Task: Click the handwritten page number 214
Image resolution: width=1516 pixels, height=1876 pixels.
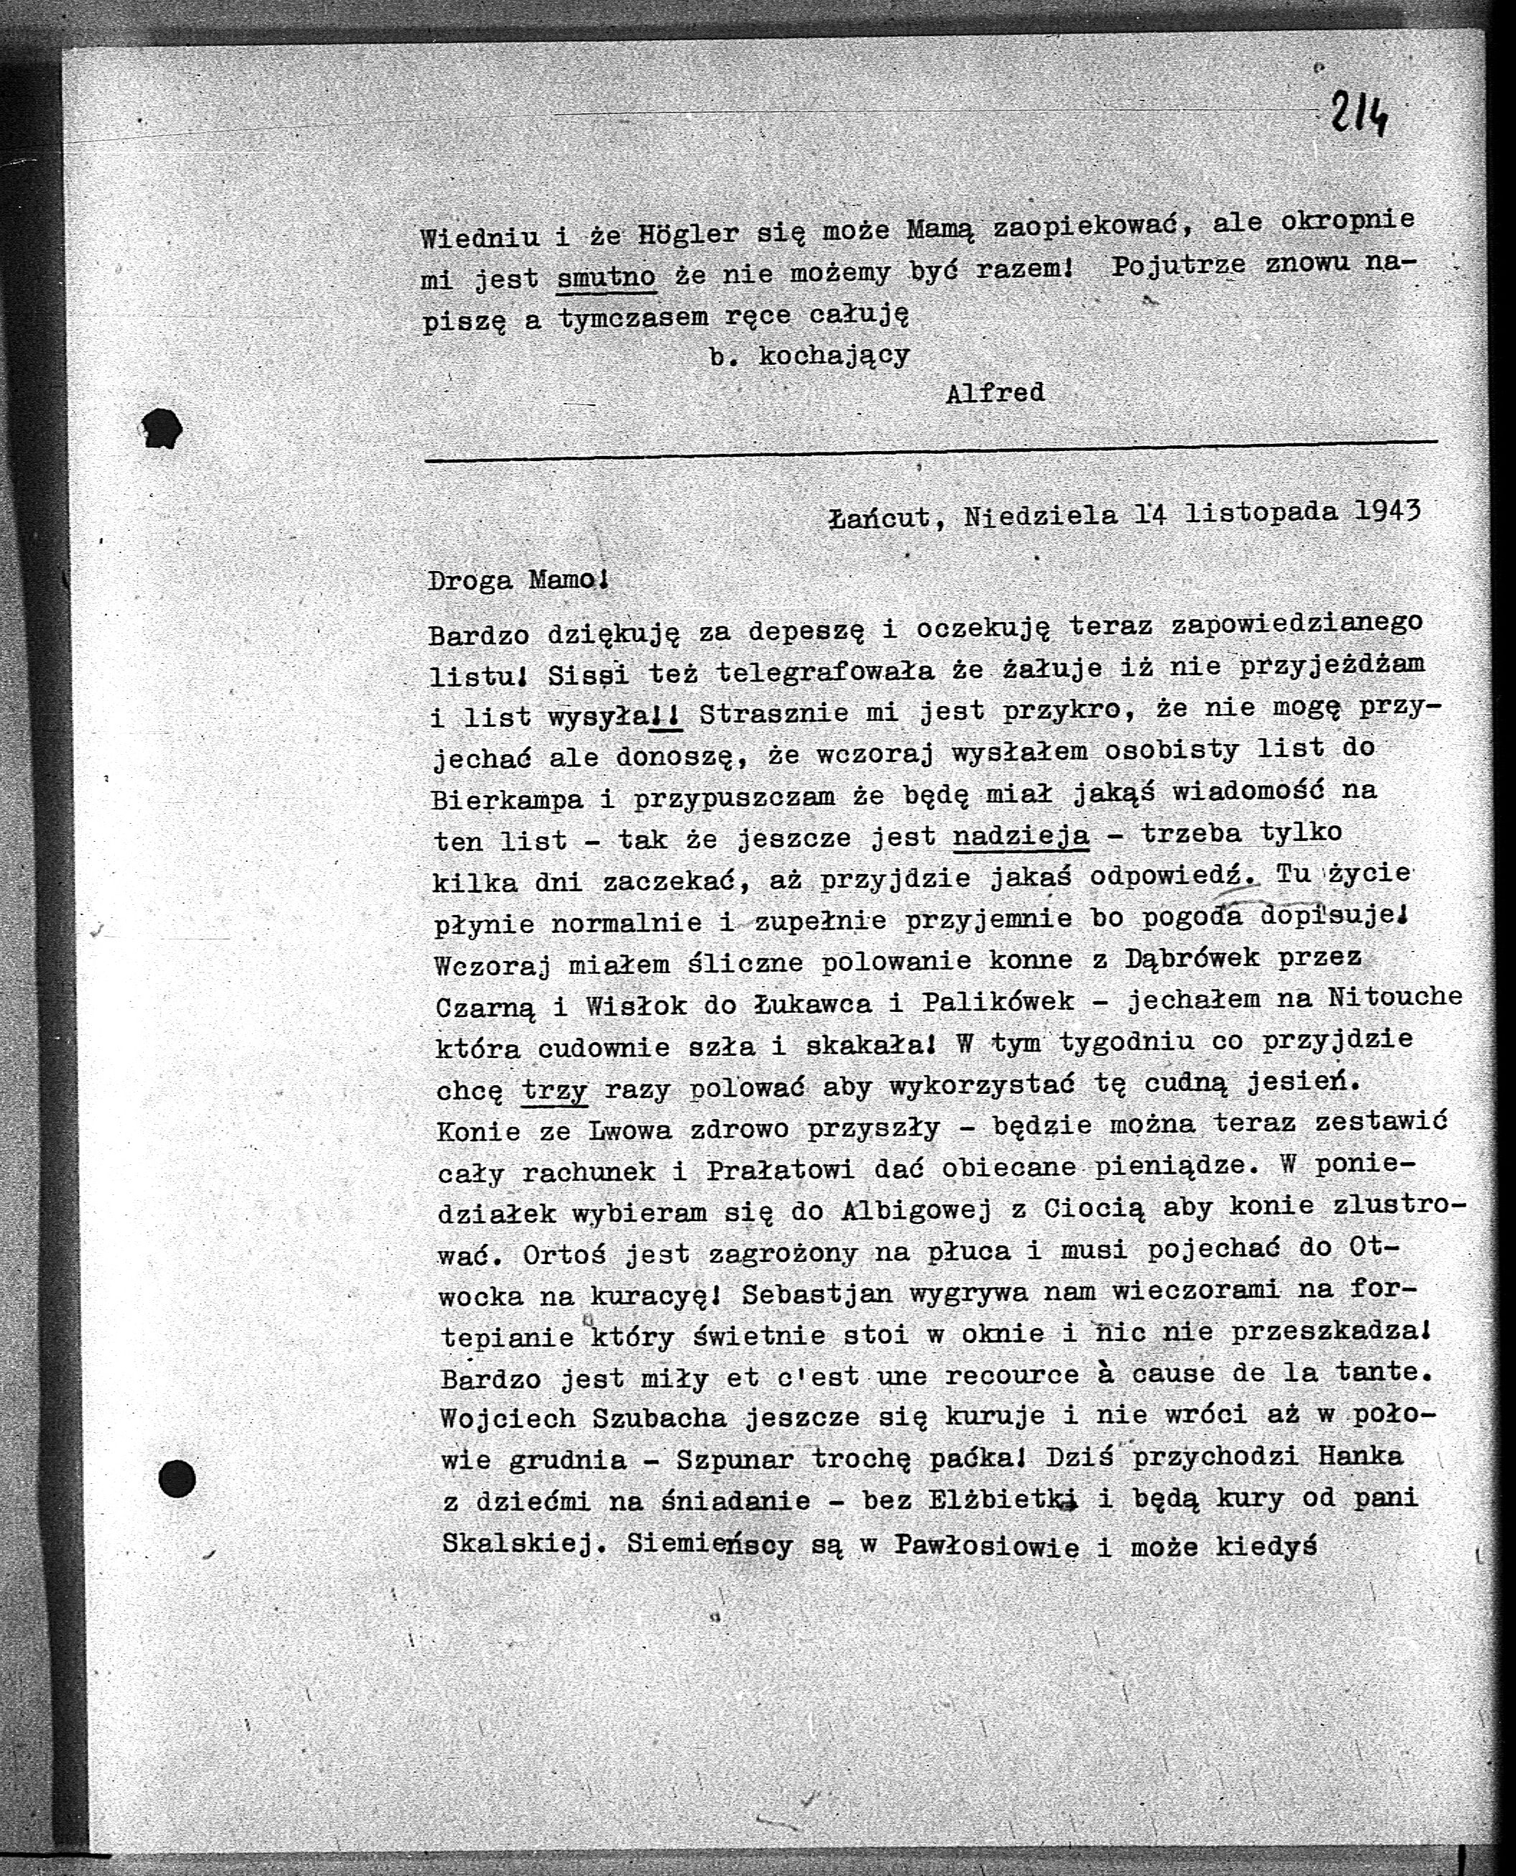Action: [x=1359, y=114]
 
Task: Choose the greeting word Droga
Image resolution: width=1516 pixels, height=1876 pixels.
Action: [x=470, y=580]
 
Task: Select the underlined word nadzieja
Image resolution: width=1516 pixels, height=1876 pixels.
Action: [x=1020, y=836]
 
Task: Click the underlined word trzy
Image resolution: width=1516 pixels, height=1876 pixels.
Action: [x=555, y=1090]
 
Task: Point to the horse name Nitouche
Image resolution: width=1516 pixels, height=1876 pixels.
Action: [x=1394, y=996]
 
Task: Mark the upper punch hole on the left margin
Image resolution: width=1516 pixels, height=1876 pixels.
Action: [x=162, y=428]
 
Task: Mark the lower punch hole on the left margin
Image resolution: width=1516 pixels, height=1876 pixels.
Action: [x=177, y=1479]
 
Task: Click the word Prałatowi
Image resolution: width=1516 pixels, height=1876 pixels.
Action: [x=778, y=1170]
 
